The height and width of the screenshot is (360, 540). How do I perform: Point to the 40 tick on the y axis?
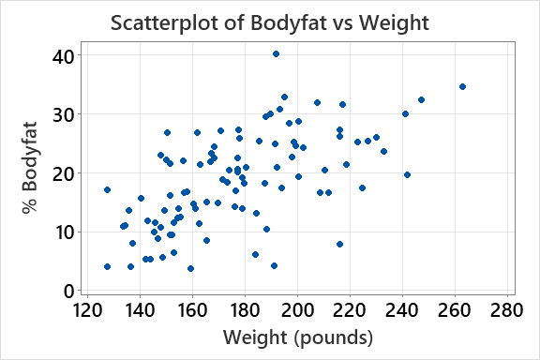[x=64, y=55]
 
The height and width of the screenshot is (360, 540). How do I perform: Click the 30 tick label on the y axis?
[x=64, y=114]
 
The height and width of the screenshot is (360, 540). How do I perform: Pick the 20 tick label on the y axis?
[x=64, y=173]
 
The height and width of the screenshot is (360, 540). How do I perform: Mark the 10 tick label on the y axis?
[x=64, y=232]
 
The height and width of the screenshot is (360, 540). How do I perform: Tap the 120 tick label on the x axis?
[x=87, y=310]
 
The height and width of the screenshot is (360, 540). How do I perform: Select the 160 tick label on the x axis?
[x=192, y=310]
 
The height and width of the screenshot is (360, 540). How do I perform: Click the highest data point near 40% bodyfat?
[x=276, y=54]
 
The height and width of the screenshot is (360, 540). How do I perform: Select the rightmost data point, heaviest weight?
[x=462, y=87]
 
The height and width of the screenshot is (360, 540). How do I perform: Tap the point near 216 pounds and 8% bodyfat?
[x=339, y=244]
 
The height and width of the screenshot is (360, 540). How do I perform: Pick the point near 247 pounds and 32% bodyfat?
[x=421, y=99]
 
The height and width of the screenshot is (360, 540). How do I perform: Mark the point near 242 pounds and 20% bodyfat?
[x=407, y=174]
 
